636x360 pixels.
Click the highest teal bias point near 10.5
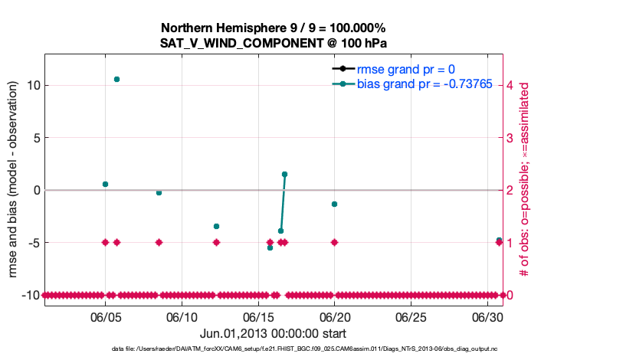(116, 79)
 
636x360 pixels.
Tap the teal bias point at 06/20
(334, 204)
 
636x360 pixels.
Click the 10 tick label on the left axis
(32, 85)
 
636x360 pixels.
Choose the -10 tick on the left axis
(31, 295)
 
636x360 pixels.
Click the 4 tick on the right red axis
(511, 85)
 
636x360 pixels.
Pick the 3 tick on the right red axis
(511, 137)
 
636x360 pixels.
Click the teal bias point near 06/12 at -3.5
(216, 226)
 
